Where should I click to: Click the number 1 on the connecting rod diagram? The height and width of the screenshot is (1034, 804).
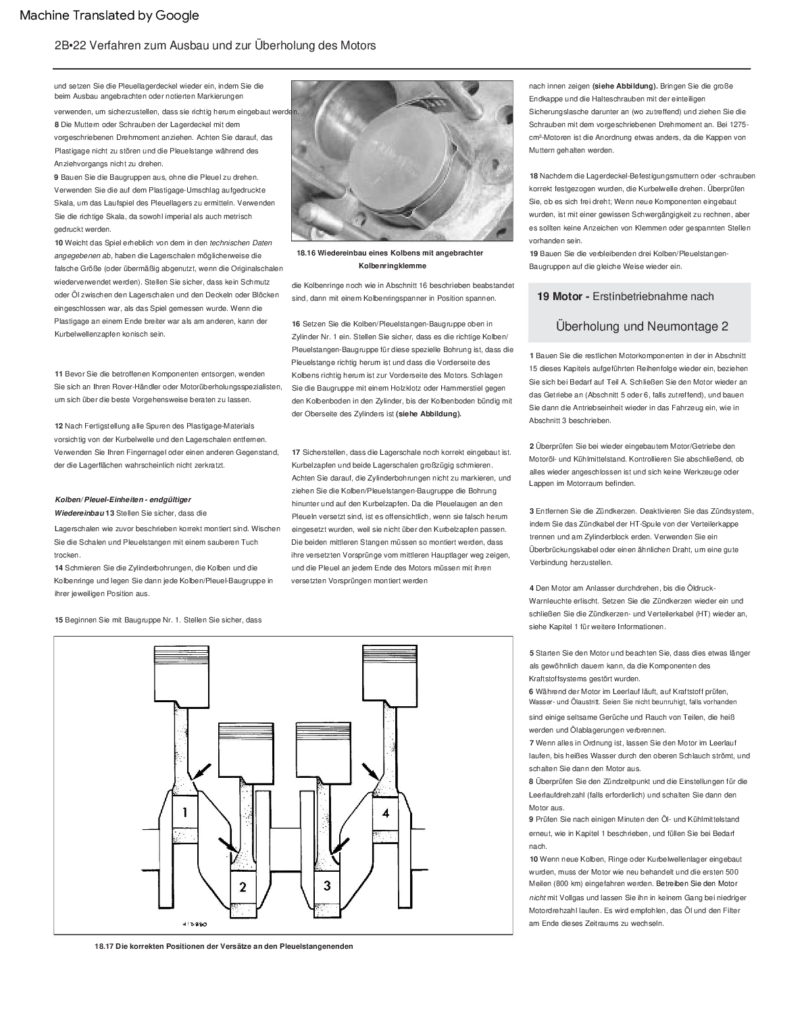tap(184, 812)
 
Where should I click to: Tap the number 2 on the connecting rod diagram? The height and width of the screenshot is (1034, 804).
tap(243, 885)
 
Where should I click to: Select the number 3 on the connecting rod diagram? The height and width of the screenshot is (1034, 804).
tap(327, 885)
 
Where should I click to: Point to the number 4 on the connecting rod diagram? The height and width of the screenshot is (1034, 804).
tap(386, 812)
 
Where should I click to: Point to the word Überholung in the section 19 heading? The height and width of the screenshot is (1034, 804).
tap(587, 326)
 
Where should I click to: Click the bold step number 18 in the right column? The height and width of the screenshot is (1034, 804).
tap(533, 176)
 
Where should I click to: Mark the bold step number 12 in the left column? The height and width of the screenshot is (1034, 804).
tap(59, 426)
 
